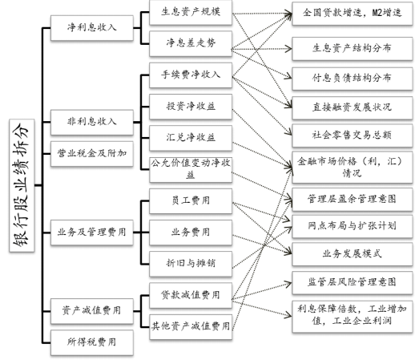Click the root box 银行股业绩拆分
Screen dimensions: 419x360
[22, 185]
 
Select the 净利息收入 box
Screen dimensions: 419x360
[92, 28]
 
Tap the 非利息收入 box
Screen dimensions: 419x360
[92, 122]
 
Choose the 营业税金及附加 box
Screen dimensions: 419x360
[92, 154]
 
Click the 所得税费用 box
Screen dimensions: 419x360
[92, 342]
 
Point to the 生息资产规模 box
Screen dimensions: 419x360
[191, 13]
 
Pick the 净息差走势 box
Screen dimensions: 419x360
[191, 43]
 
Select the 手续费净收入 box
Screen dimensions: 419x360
[191, 75]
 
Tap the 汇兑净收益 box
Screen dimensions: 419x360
[191, 138]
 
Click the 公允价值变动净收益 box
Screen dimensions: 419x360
[191, 169]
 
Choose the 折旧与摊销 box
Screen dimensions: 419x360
[191, 264]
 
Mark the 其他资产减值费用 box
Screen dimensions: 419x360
[191, 327]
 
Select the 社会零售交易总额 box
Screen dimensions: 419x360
[353, 136]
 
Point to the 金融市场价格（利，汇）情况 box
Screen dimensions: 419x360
[353, 168]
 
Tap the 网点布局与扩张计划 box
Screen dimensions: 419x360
[353, 226]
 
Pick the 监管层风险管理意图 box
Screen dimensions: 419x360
[353, 283]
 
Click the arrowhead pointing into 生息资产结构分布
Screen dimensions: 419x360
[289, 49]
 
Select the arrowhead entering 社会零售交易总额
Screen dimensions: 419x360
[289, 132]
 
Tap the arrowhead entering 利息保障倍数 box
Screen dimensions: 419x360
[288, 316]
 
